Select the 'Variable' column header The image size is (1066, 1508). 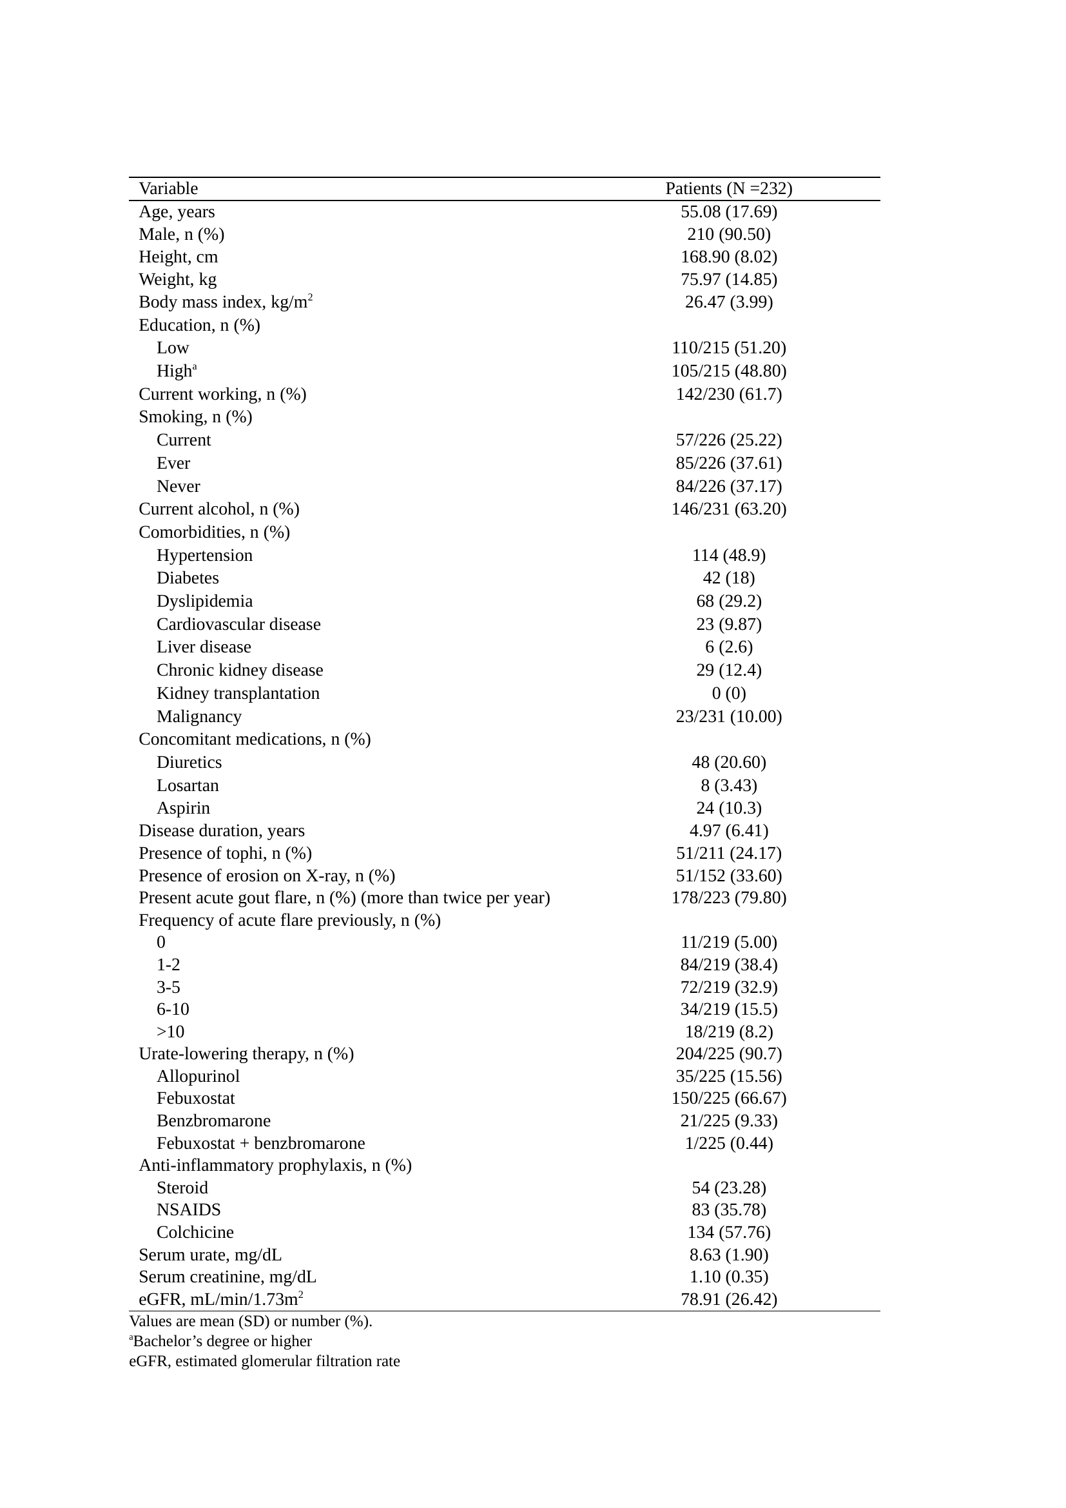click(x=168, y=188)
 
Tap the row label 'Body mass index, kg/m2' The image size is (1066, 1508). click(x=224, y=302)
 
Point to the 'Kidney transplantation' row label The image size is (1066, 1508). click(x=238, y=693)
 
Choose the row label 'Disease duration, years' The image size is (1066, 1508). click(x=221, y=830)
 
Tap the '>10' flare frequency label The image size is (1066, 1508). click(x=170, y=1031)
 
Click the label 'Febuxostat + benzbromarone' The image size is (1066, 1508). click(x=260, y=1143)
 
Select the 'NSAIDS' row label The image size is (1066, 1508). click(x=188, y=1209)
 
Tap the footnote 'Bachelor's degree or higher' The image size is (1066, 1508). click(x=222, y=1341)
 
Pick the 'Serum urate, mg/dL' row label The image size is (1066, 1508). click(x=210, y=1255)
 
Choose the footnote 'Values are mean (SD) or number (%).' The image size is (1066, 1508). click(x=251, y=1321)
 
